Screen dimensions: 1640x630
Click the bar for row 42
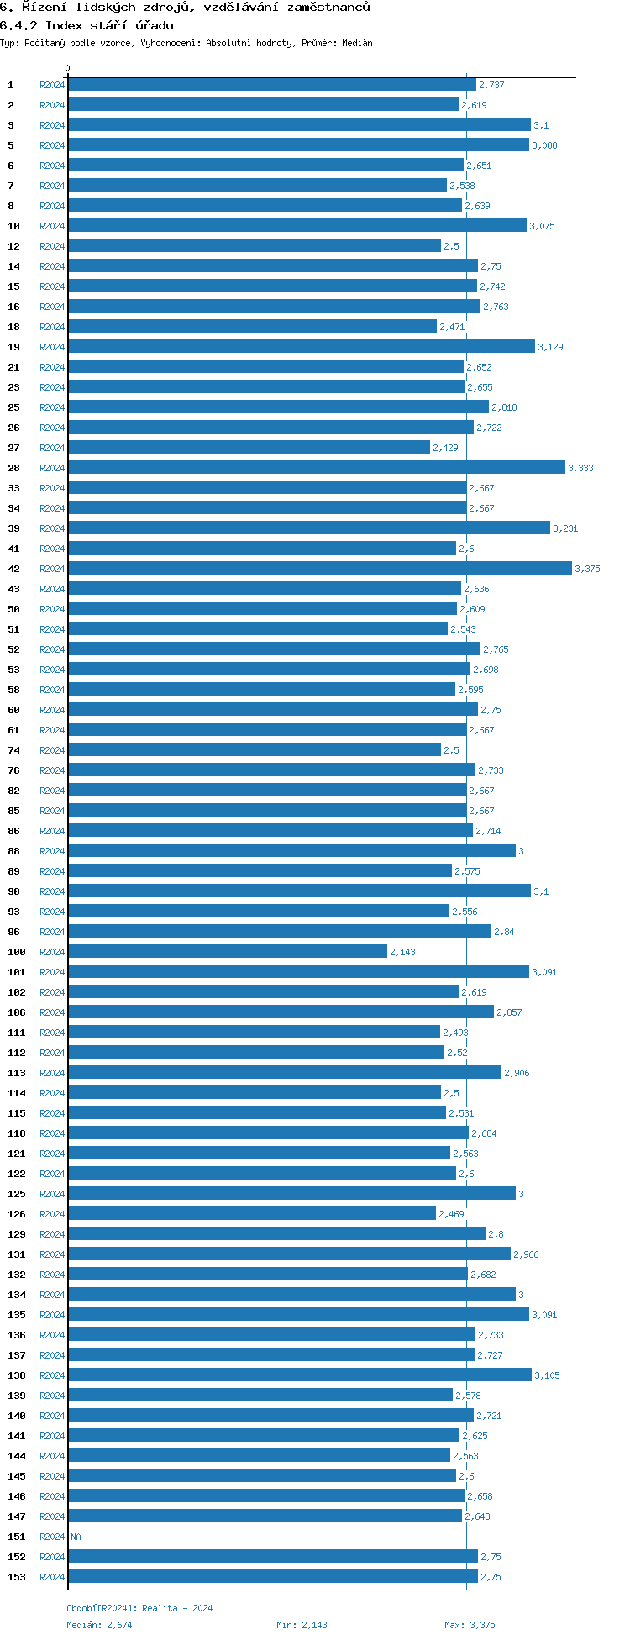tap(319, 569)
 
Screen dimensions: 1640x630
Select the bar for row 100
tap(227, 952)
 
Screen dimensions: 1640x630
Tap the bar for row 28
tap(316, 468)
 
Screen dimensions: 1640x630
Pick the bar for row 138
tap(299, 1375)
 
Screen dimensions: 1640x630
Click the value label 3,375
tap(587, 570)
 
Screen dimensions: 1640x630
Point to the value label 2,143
tap(402, 953)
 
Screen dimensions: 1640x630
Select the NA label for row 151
tap(76, 1537)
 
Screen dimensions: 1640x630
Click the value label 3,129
tap(550, 348)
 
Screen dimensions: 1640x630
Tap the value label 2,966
tap(526, 1255)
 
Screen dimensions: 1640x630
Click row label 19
tap(13, 347)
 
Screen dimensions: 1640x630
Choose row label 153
tap(16, 1577)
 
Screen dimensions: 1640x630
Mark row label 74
tap(13, 750)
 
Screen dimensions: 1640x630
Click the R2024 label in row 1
tap(52, 85)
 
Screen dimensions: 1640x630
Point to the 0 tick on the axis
tap(68, 69)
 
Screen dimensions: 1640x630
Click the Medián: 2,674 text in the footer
tap(99, 1625)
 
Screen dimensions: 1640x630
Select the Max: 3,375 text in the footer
tap(470, 1625)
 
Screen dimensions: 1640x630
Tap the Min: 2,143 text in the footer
tap(302, 1625)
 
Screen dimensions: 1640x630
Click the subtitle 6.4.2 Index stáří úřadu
tap(87, 25)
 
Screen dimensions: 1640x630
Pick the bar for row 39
tap(308, 528)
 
